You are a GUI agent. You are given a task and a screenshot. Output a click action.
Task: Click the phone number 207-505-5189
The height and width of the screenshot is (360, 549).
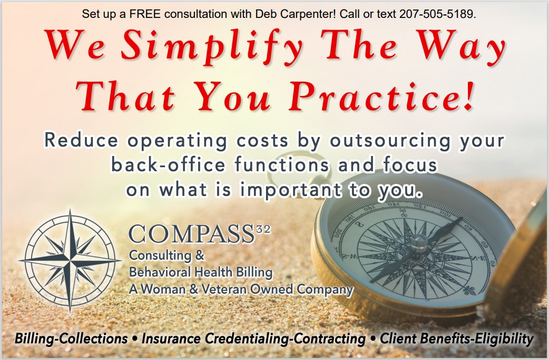tap(437, 14)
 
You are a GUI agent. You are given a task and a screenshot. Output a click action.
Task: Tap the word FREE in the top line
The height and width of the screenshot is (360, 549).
tap(145, 14)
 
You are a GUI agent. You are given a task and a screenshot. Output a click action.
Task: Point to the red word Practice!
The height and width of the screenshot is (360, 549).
tap(381, 96)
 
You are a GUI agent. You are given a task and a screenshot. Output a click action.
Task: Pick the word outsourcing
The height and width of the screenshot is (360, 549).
tap(390, 141)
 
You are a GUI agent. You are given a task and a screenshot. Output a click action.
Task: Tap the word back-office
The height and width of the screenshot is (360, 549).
tap(168, 164)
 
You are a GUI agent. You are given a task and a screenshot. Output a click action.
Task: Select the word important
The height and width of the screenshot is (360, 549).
tap(291, 190)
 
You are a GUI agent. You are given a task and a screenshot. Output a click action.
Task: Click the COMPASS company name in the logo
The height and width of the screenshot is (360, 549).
tap(191, 234)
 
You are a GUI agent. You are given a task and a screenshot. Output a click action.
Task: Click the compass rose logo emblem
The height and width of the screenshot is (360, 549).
tap(71, 261)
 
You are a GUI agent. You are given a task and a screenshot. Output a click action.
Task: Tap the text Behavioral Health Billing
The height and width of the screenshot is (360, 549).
tap(201, 272)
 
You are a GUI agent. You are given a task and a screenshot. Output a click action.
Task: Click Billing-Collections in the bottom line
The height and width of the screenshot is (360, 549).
tap(71, 338)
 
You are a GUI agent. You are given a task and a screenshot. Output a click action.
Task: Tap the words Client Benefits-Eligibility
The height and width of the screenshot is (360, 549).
tap(457, 338)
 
